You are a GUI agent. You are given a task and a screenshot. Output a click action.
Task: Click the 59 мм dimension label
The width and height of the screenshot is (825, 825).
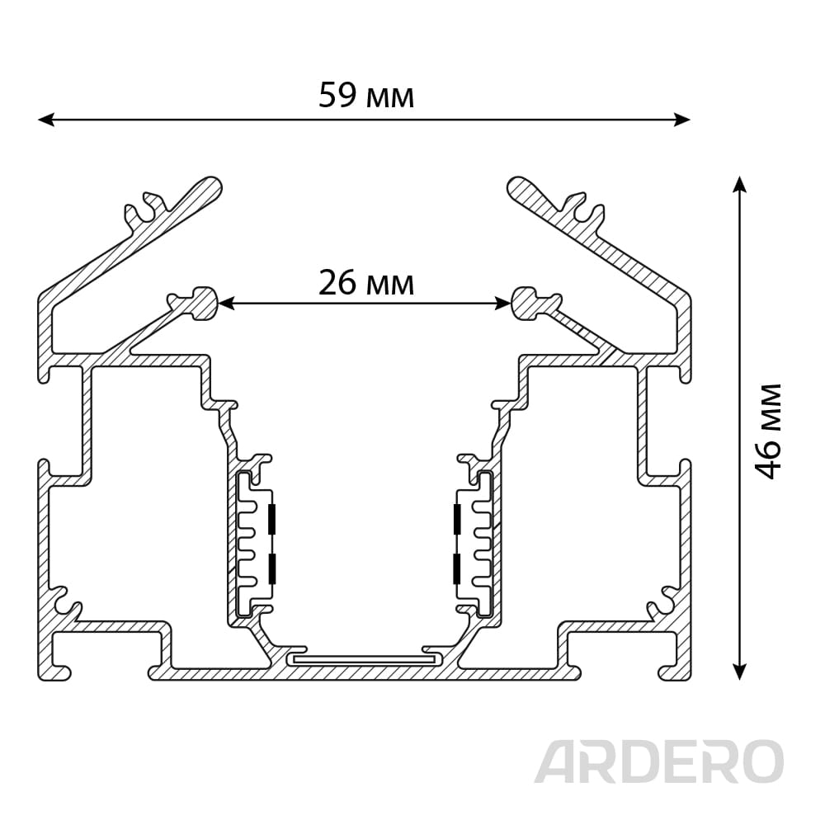pos(366,97)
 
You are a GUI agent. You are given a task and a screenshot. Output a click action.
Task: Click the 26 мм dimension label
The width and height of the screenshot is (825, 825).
pos(366,283)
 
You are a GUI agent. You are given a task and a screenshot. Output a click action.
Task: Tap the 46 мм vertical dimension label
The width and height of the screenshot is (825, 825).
pos(768,430)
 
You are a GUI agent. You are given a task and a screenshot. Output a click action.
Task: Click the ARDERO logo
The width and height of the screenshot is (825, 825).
pos(658,761)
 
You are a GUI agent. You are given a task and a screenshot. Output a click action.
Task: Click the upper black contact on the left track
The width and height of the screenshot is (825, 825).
pos(272,518)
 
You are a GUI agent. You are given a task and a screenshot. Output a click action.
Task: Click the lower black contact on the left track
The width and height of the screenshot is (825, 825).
pos(272,569)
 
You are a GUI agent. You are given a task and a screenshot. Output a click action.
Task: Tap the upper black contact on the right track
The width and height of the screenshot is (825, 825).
pos(456,518)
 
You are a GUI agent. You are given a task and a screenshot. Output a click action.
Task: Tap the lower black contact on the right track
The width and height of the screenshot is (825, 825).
pos(456,569)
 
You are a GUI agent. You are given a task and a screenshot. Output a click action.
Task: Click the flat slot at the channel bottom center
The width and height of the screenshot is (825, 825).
pos(364,659)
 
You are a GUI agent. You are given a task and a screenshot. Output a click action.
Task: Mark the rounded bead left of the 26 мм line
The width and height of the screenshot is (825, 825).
pos(203,302)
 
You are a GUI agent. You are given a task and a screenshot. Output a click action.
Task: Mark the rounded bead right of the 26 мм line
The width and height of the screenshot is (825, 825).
pos(525,302)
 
